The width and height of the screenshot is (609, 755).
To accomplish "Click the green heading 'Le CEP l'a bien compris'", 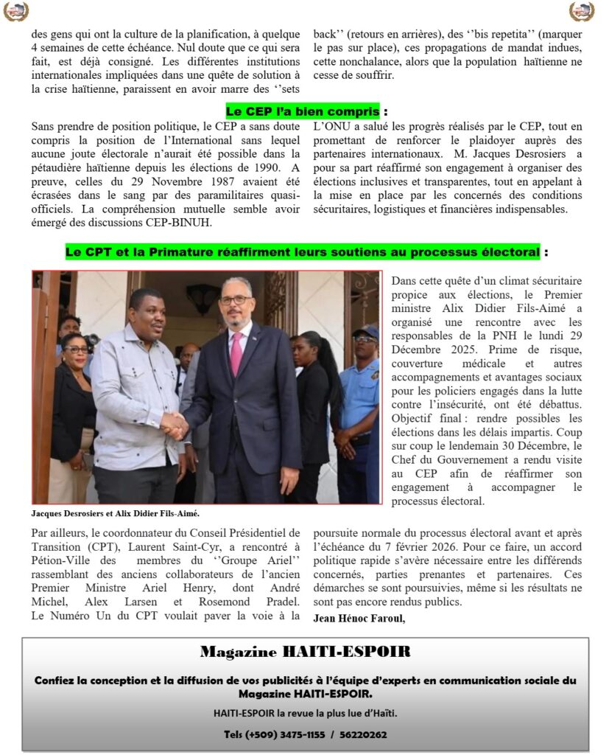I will coord(303,111).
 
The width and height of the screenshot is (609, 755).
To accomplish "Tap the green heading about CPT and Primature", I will coord(303,252).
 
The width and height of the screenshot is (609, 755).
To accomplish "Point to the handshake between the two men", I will coord(175,426).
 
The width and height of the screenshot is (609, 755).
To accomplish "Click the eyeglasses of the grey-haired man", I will coord(234,300).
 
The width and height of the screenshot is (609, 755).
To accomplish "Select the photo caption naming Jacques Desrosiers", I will coord(116,513).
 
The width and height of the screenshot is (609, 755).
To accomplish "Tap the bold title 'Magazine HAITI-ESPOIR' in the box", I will coord(305,652).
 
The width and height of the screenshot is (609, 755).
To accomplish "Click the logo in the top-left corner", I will coord(15,11).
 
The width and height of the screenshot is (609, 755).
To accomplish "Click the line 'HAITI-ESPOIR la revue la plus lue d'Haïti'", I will coord(305,713).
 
